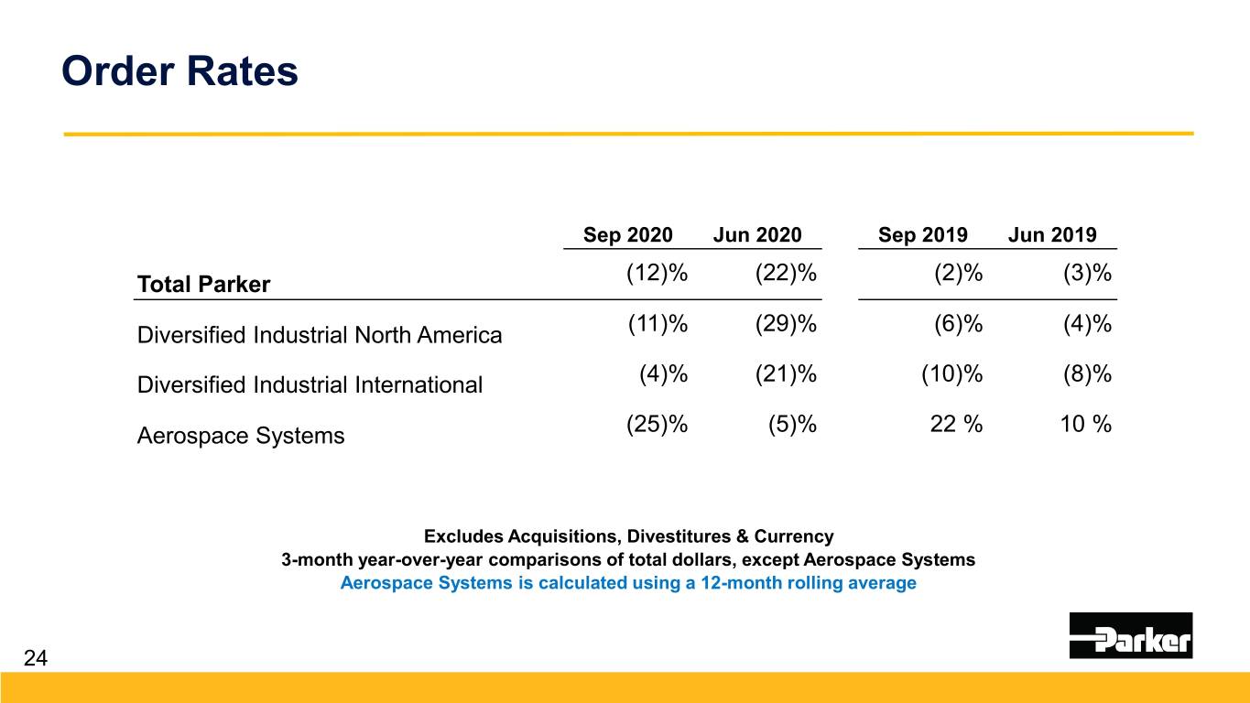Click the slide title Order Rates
[179, 70]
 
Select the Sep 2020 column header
[627, 235]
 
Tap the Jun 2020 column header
[756, 235]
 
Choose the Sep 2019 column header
[922, 235]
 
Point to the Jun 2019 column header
[1051, 235]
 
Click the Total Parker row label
[203, 285]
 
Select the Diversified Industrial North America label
[319, 335]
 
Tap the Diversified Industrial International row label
[309, 385]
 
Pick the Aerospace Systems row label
[241, 436]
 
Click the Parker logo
[1130, 635]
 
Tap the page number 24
[35, 657]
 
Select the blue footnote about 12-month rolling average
[627, 583]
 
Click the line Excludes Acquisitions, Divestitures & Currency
[628, 535]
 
